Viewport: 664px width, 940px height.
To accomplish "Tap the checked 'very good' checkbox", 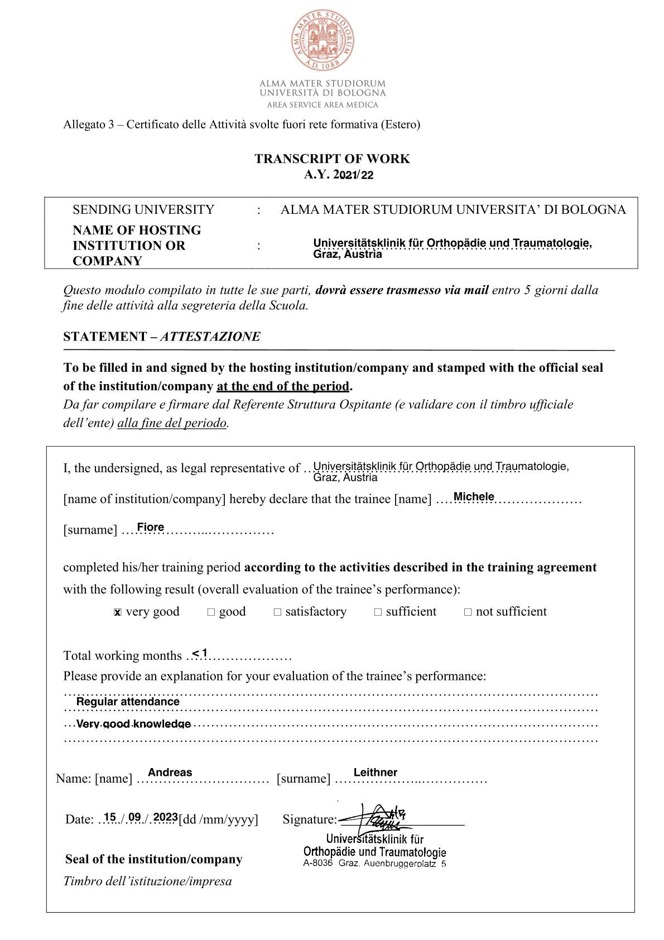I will [x=117, y=612].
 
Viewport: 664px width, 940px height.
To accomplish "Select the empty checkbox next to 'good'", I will [x=211, y=612].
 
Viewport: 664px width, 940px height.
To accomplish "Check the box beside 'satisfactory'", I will [x=277, y=612].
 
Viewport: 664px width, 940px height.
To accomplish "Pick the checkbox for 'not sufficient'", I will [x=468, y=612].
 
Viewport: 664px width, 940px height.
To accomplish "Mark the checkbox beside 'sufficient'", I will [x=378, y=612].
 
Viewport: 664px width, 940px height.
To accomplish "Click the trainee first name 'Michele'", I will [x=474, y=496].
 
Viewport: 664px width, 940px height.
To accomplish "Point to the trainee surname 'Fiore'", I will [x=151, y=527].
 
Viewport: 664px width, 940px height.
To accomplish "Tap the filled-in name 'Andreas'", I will [x=170, y=772].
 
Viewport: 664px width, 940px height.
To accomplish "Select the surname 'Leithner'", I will [x=375, y=772].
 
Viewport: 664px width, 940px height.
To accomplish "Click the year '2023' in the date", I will [x=165, y=817].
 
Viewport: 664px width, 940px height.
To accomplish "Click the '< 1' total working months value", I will [x=200, y=653].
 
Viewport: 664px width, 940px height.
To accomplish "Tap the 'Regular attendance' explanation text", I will [x=128, y=701].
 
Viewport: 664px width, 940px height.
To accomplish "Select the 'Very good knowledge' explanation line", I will [x=133, y=724].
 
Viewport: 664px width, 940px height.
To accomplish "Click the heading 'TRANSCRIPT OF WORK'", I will [x=332, y=159].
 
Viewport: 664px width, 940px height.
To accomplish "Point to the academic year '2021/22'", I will [x=354, y=175].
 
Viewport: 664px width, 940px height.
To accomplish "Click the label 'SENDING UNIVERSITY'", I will [x=143, y=209].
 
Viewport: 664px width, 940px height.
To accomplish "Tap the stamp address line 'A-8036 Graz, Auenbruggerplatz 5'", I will [x=374, y=864].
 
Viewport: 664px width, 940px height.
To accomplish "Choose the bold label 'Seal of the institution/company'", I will [x=153, y=859].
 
